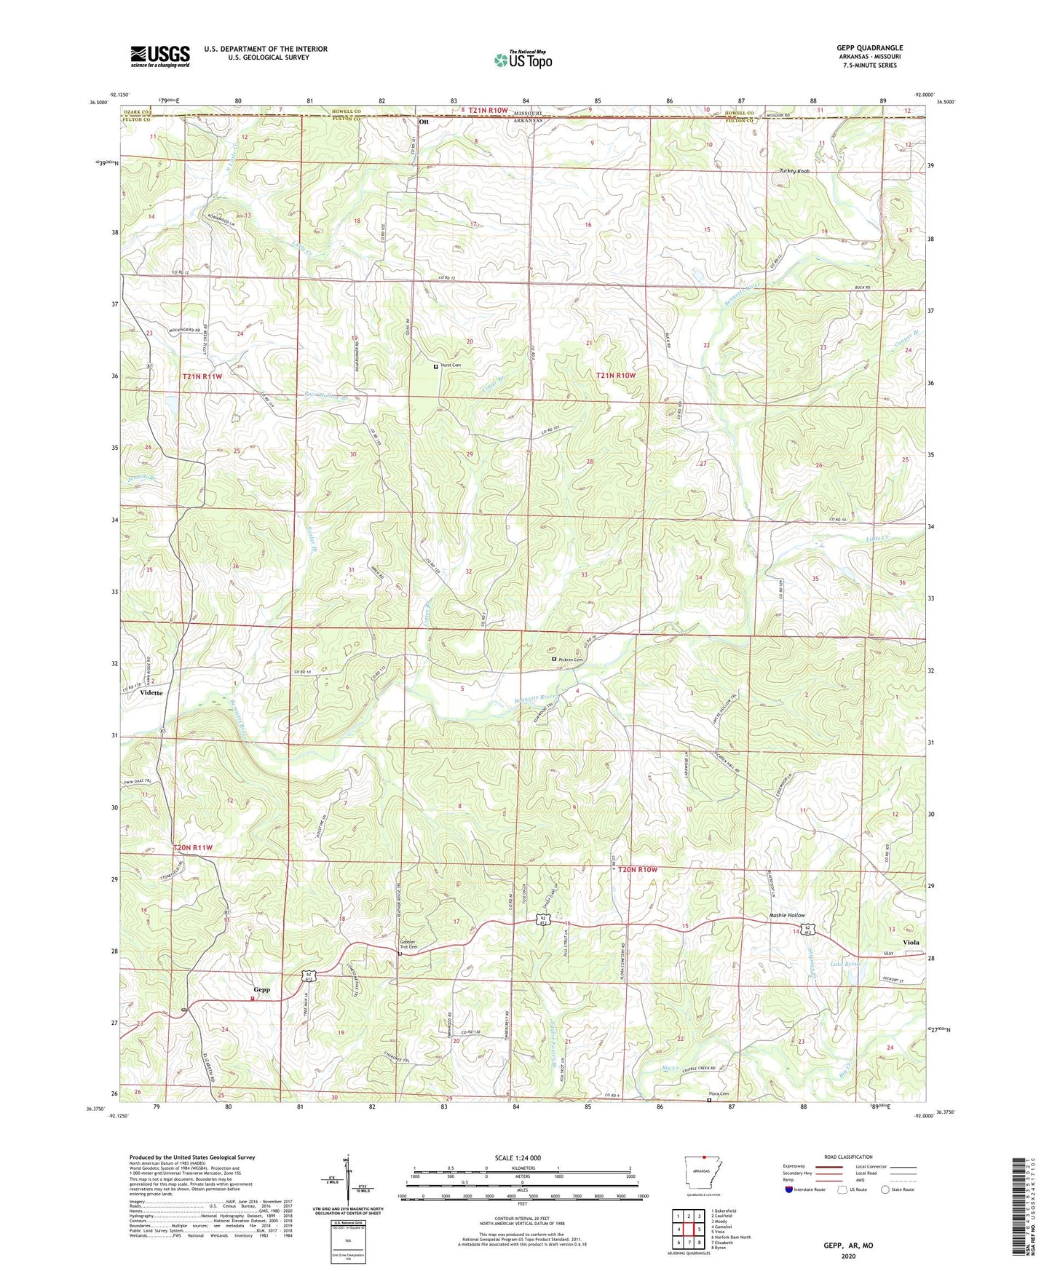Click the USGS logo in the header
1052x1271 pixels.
[159, 55]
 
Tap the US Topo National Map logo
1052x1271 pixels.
[522, 60]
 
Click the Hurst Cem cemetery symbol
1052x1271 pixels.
[436, 367]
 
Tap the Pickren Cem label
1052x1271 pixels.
[572, 660]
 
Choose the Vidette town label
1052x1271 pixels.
[151, 693]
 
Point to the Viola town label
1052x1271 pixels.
[911, 942]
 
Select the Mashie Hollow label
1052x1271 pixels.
[787, 916]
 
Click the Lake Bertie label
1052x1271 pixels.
[846, 963]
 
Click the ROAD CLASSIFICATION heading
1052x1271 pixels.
[847, 1157]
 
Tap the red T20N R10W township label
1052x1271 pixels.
[638, 869]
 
